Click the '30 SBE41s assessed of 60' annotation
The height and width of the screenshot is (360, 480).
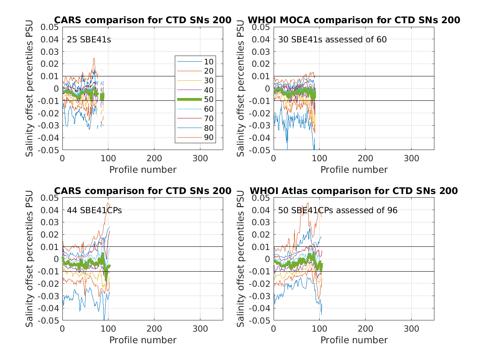332,40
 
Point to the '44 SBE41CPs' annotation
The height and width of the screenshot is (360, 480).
94,210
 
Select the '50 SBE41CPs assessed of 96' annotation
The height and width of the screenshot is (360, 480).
338,210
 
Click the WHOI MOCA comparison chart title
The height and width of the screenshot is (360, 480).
354,20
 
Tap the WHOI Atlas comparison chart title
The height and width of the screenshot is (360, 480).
354,191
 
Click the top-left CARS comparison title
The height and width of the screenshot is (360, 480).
143,20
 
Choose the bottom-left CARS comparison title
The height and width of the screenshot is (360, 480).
143,191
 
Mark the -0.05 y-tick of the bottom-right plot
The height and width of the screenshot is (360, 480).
262,321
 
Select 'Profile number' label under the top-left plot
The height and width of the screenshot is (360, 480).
143,170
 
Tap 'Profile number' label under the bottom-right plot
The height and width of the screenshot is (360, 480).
354,340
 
